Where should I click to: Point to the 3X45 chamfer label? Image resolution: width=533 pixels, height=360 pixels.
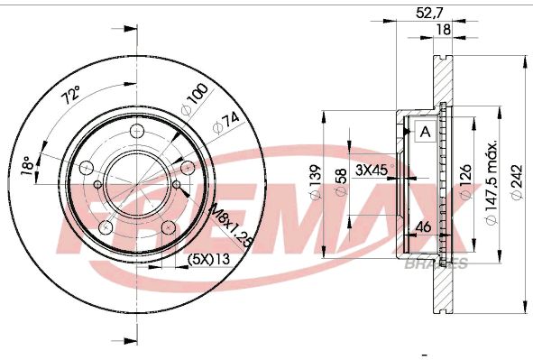371,170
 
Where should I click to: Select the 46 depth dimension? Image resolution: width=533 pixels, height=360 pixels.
420,227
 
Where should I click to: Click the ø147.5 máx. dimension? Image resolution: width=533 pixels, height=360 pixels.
492,185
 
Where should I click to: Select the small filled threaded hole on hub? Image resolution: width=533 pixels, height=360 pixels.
178,189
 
